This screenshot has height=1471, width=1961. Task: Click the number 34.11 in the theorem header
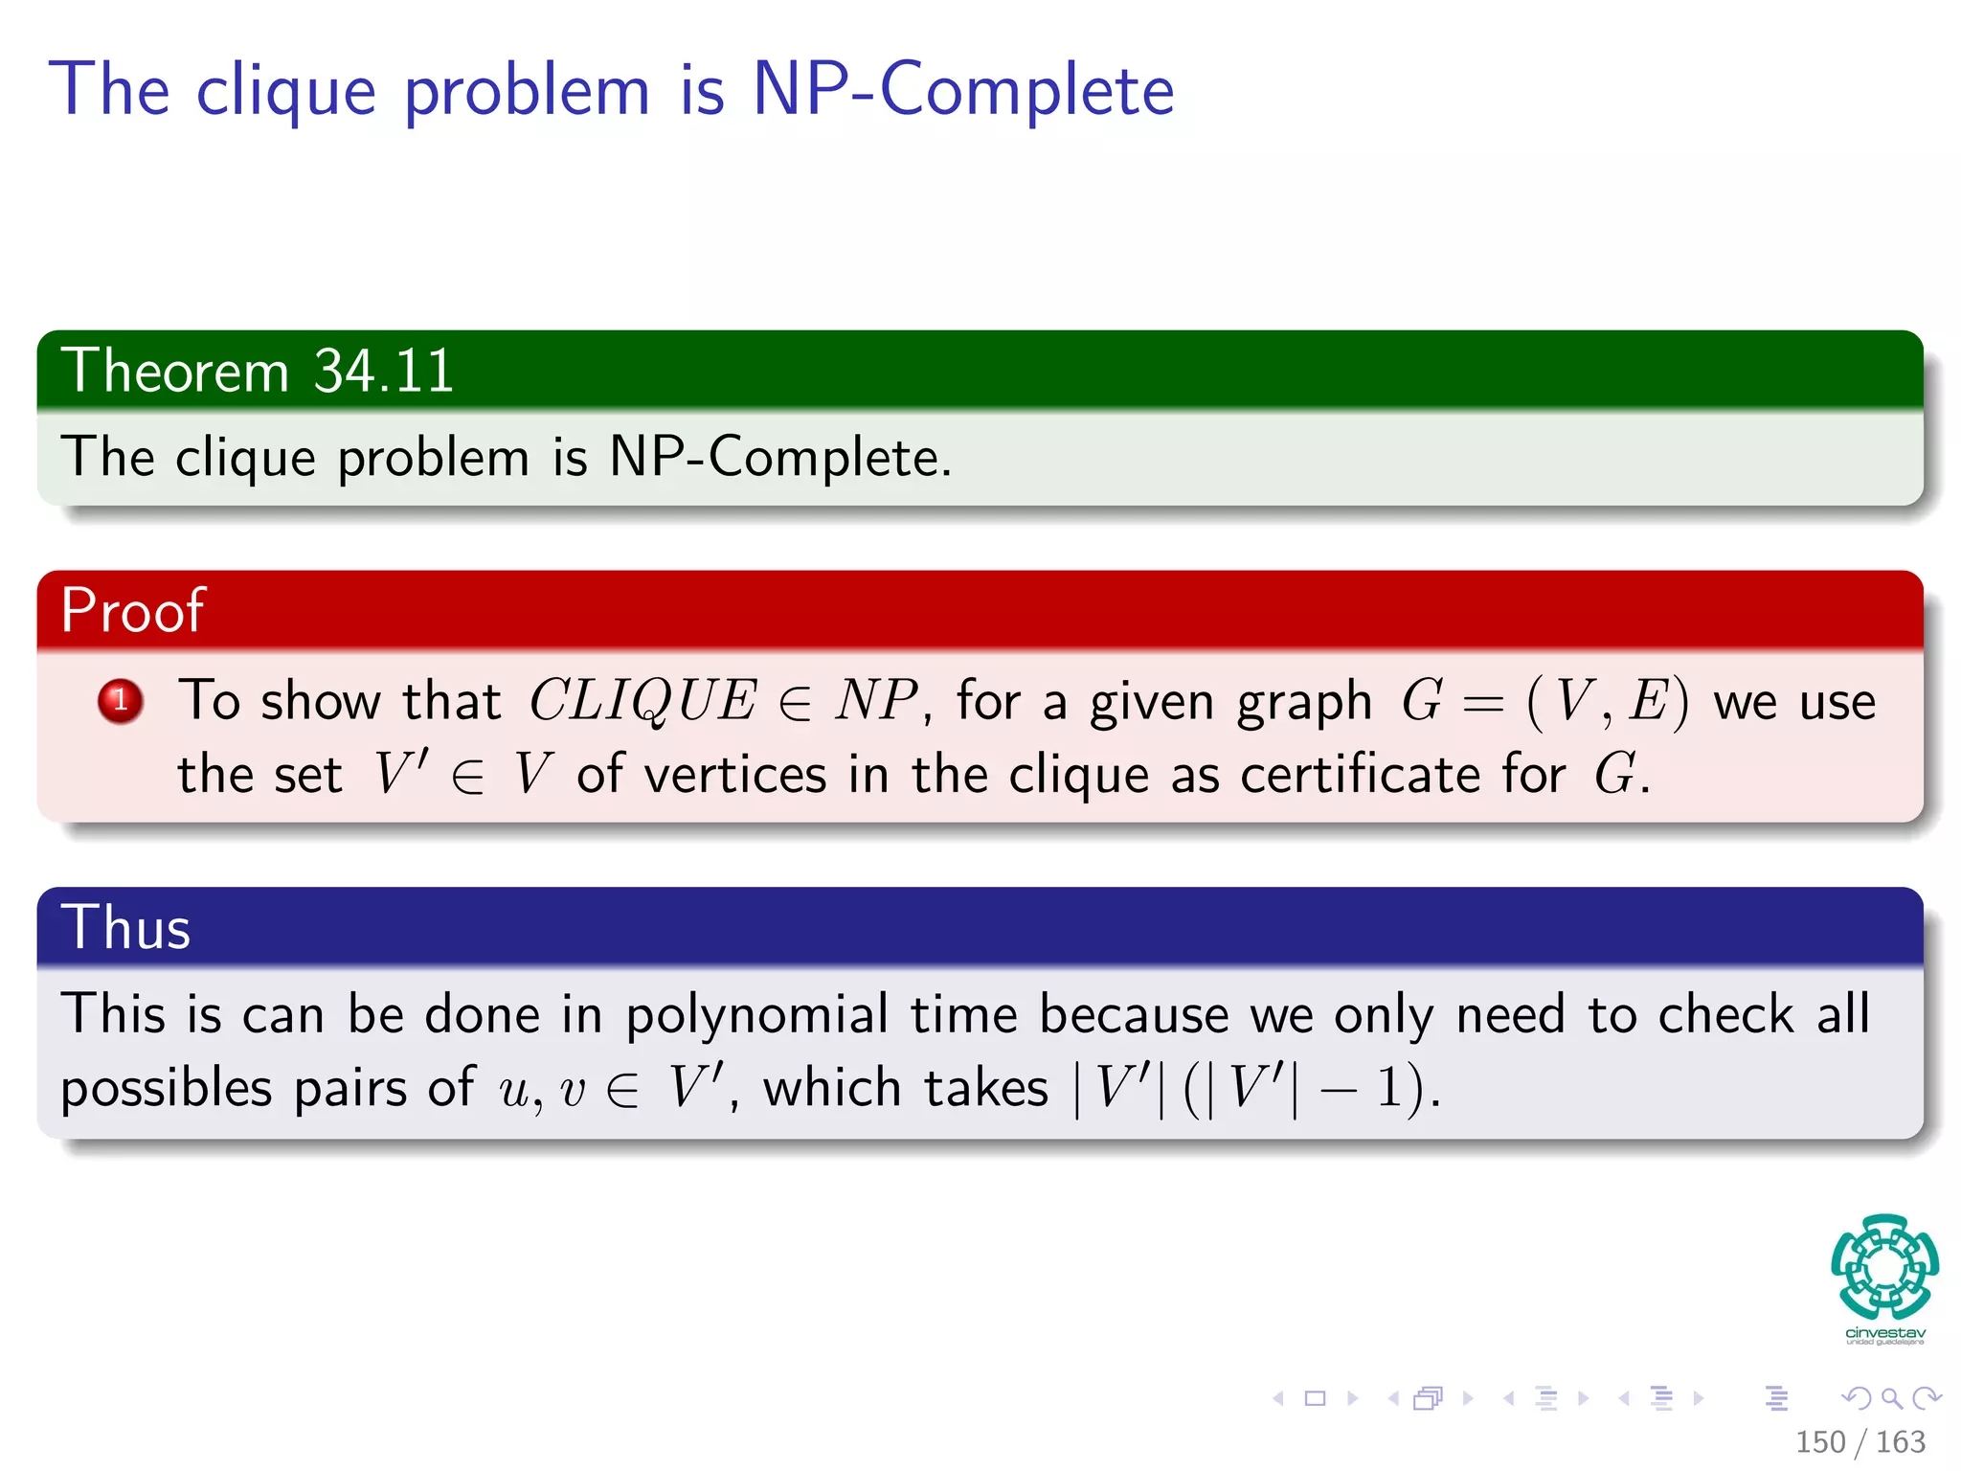click(x=383, y=371)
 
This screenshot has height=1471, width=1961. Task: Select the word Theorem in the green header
click(x=175, y=371)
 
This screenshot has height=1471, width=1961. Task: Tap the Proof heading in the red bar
click(x=132, y=610)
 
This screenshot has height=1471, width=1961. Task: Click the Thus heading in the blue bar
click(x=125, y=927)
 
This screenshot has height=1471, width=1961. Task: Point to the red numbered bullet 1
click(x=121, y=701)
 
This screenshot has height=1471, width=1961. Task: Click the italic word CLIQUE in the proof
click(x=642, y=701)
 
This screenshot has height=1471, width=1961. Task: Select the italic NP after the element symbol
click(x=875, y=700)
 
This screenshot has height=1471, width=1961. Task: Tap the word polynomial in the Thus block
click(x=756, y=1015)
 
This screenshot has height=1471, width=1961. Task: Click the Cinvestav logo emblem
click(x=1884, y=1268)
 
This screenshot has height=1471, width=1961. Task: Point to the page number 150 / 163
click(x=1860, y=1442)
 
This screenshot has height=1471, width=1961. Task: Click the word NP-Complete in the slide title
click(x=963, y=89)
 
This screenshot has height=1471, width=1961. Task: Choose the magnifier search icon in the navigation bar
click(x=1891, y=1398)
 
